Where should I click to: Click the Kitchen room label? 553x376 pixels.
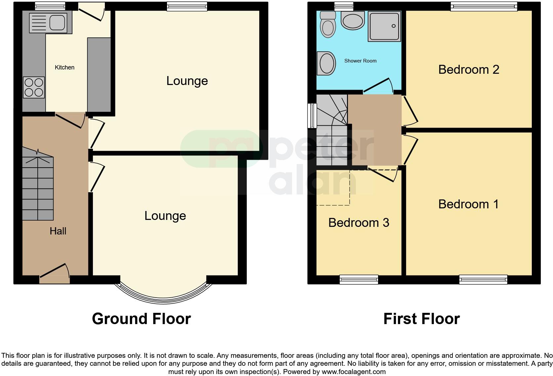(64, 67)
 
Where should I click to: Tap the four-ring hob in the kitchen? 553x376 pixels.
(34, 87)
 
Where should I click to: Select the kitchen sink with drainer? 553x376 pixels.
(51, 22)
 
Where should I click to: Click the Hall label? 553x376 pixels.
(58, 231)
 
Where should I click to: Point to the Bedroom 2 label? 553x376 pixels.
(468, 69)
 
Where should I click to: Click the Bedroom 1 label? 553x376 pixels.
(468, 204)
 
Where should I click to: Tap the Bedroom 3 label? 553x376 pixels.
(359, 223)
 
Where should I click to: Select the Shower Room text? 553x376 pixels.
(360, 61)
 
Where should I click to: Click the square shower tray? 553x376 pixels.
(384, 27)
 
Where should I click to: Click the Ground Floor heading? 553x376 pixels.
(141, 319)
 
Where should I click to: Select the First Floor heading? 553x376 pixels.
(421, 319)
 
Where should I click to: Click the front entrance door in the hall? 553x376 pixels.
(55, 274)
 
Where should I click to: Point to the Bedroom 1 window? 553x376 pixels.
(483, 280)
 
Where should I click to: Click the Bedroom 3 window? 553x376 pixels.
(359, 280)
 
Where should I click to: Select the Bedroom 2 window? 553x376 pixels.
(484, 6)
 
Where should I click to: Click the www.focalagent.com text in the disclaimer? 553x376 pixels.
(354, 372)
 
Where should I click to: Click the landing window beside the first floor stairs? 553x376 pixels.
(312, 116)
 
